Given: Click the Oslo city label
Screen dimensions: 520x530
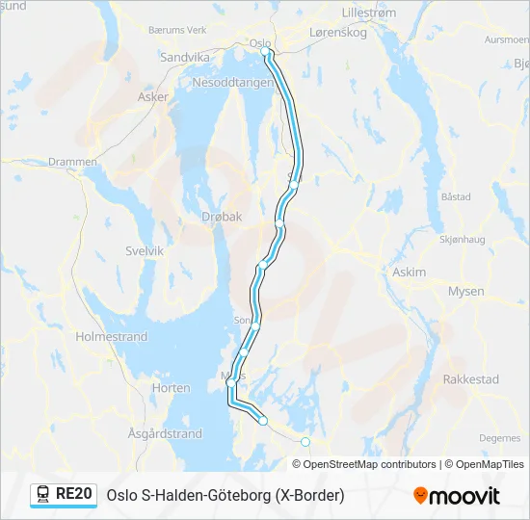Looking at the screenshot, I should (x=259, y=43).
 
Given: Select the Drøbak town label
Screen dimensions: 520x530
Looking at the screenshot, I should (x=222, y=218).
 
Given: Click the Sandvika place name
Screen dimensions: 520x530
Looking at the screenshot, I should (x=184, y=57).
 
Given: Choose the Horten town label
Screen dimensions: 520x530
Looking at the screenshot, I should (x=171, y=388).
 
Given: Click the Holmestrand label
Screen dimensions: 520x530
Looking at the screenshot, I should (x=112, y=337).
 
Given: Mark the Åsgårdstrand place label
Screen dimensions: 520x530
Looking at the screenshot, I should (x=165, y=434).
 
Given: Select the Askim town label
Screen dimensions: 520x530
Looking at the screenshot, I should (x=409, y=273).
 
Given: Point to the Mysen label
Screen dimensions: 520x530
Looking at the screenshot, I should (x=466, y=291).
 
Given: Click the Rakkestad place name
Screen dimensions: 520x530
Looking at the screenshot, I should (x=470, y=379).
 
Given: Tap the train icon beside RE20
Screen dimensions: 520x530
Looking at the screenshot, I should (x=43, y=495).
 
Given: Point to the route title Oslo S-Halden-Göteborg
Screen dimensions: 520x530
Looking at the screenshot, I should (x=225, y=495).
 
